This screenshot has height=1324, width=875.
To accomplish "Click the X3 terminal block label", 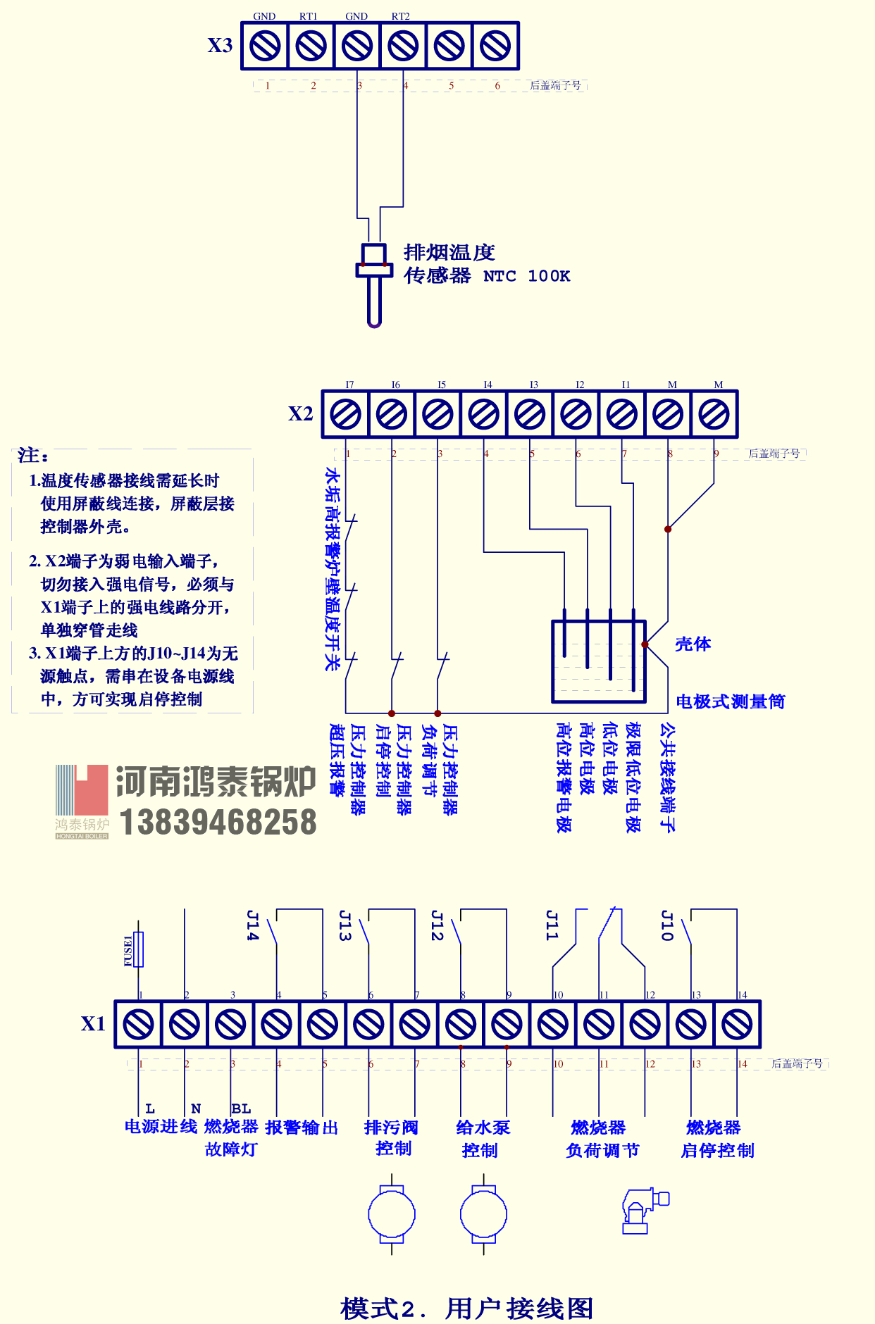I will [220, 46].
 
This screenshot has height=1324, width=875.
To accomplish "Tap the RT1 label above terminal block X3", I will [309, 16].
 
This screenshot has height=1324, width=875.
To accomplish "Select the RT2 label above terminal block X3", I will [400, 16].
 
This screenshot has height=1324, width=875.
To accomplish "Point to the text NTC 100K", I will [526, 276].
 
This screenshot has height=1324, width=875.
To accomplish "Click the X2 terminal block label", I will [300, 414].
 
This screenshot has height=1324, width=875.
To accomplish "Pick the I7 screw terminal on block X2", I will [346, 414].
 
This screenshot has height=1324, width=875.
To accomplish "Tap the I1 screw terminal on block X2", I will [622, 414].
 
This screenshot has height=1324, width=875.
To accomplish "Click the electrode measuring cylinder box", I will [598, 661].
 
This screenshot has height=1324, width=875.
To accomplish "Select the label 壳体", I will [693, 644].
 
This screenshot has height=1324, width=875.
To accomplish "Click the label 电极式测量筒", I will [730, 701].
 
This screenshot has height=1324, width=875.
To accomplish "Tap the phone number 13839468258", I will [218, 823].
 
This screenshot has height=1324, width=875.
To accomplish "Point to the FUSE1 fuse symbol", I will [139, 949].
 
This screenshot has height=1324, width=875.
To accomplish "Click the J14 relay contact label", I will [253, 925].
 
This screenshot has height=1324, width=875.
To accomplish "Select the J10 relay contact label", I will [666, 925].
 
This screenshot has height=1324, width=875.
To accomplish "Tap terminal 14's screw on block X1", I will [737, 1024].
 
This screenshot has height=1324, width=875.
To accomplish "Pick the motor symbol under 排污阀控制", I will [392, 1214].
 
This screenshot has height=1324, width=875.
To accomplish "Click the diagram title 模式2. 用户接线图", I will [466, 1308].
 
